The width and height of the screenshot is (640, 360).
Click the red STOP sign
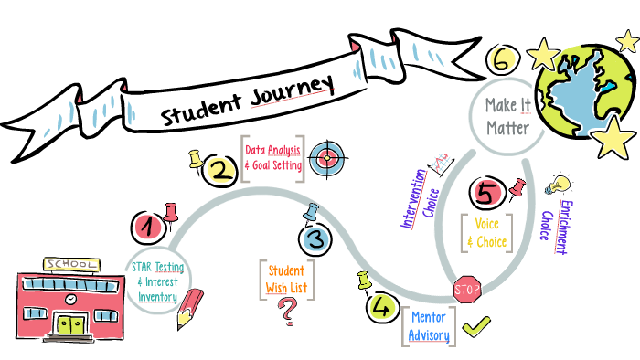(x=467, y=291)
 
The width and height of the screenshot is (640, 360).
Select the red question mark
(x=289, y=312)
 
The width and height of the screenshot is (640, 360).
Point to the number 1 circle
(x=148, y=224)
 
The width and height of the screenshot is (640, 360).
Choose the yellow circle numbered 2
(x=219, y=169)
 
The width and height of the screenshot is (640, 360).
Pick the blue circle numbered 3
(x=314, y=239)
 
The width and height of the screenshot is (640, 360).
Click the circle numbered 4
(x=379, y=307)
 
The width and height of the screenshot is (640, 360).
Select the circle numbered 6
(x=500, y=61)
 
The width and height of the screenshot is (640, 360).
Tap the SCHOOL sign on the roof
(x=69, y=264)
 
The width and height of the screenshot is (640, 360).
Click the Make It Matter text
(x=507, y=118)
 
